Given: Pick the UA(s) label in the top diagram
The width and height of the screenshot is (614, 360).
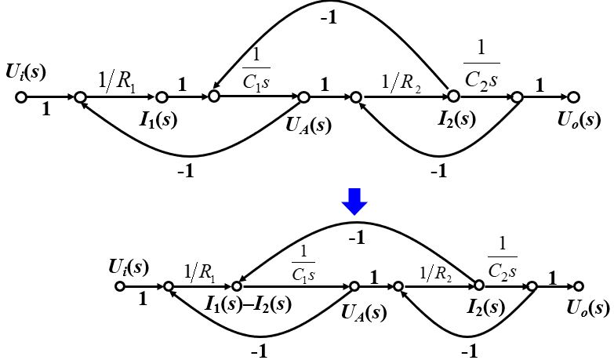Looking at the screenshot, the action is click(307, 124).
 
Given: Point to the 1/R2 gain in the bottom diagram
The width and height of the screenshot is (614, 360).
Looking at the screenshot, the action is click(437, 274).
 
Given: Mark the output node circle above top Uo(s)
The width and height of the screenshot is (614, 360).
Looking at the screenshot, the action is click(573, 97).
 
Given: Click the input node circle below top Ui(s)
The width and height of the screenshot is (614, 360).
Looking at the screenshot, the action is click(21, 97).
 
